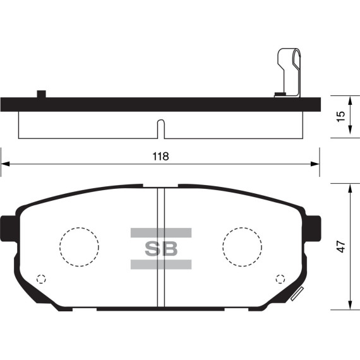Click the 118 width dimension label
click(x=160, y=157)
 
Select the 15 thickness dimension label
click(x=341, y=116)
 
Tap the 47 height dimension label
click(x=342, y=246)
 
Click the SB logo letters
click(x=161, y=249)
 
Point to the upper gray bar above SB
click(x=161, y=232)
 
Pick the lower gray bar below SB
click(x=161, y=264)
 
